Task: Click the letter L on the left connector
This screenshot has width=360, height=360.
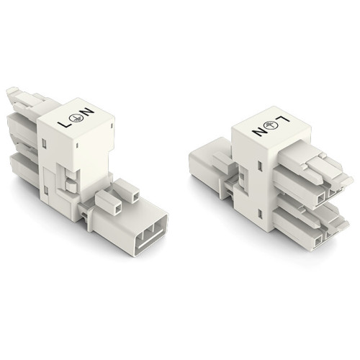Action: (63, 125)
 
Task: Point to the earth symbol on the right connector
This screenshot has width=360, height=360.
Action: (267, 127)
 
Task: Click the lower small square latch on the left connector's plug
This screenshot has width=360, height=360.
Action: (108, 204)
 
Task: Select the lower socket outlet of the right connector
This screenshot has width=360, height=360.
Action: (310, 223)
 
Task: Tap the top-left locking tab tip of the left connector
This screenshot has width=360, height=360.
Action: (12, 93)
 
